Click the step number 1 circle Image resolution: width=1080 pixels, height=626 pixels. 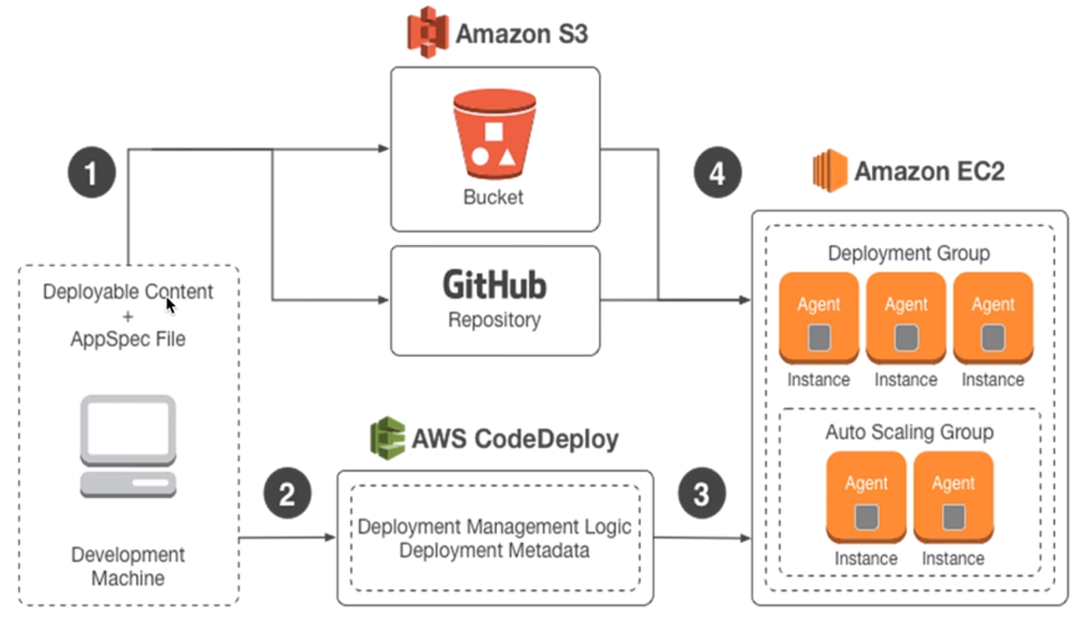[x=91, y=172]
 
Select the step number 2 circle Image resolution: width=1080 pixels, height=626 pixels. [x=287, y=494]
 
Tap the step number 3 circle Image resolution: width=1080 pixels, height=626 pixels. [x=702, y=494]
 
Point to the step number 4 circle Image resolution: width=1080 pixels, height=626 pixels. [x=717, y=172]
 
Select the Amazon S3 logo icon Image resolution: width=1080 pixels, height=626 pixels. [x=427, y=32]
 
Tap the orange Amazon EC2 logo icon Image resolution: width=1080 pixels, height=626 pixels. [x=830, y=170]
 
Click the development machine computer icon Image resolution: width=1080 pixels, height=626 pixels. [x=128, y=447]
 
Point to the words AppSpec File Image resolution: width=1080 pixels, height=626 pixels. [x=128, y=340]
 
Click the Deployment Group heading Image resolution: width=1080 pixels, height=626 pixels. [x=908, y=253]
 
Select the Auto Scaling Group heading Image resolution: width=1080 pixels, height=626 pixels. [x=909, y=432]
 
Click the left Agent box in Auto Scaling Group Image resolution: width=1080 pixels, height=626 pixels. [x=866, y=497]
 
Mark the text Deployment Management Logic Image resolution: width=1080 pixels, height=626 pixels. [x=494, y=526]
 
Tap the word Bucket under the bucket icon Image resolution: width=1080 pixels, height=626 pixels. [x=493, y=197]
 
